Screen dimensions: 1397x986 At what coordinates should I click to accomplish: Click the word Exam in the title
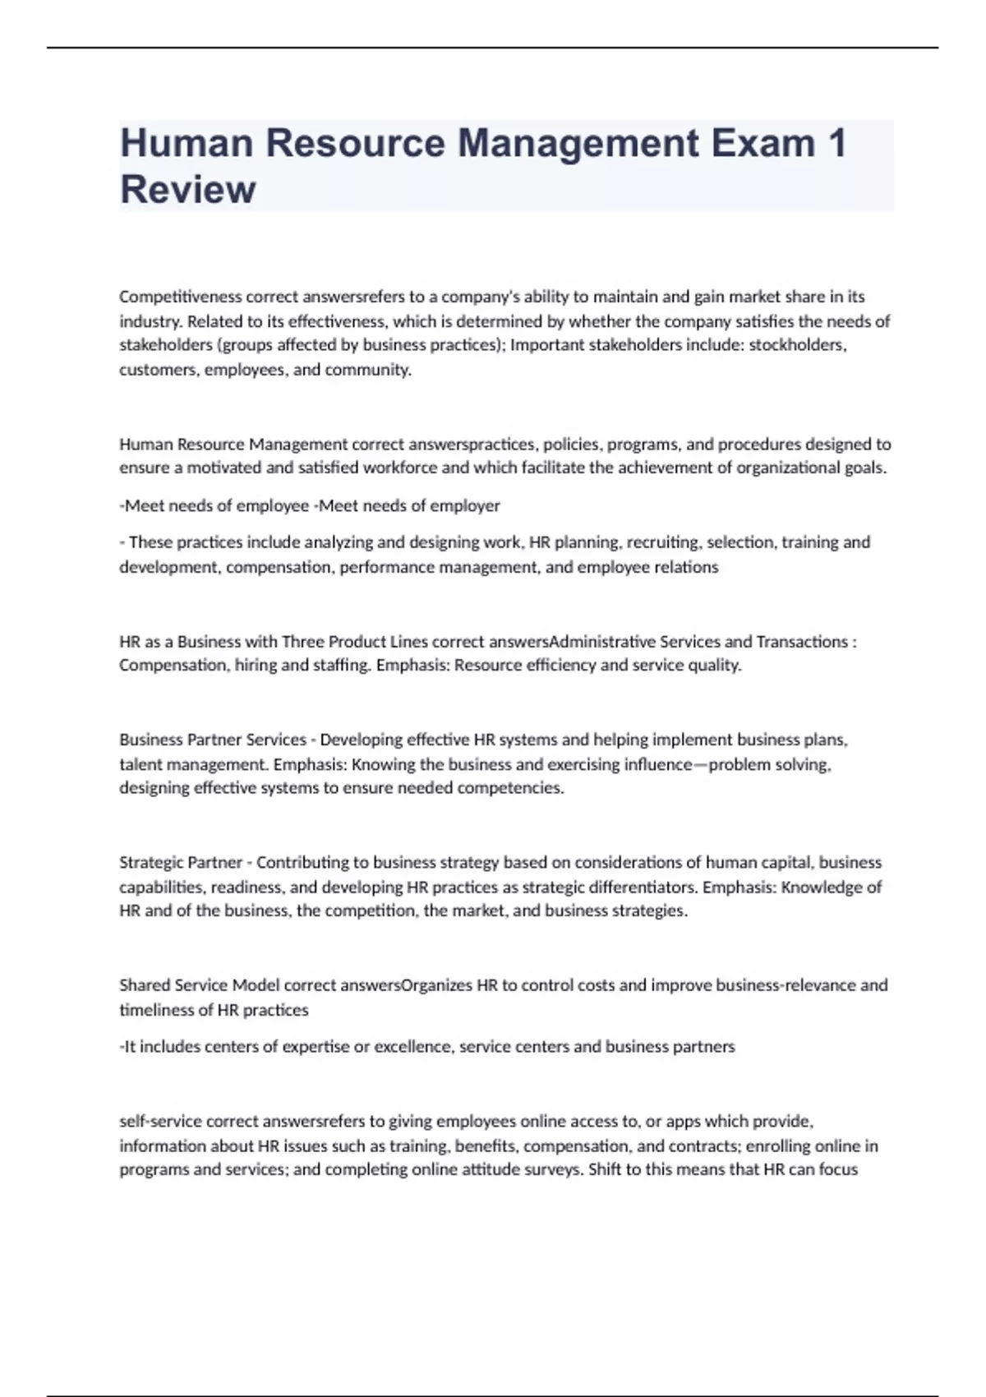point(763,143)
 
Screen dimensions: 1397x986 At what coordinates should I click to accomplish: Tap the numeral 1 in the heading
point(836,143)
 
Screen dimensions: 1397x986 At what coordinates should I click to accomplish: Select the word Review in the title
point(187,190)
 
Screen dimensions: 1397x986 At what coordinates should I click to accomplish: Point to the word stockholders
point(796,345)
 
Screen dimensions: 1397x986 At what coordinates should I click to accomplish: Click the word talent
point(141,764)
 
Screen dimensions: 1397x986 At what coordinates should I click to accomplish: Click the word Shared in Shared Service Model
point(145,985)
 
